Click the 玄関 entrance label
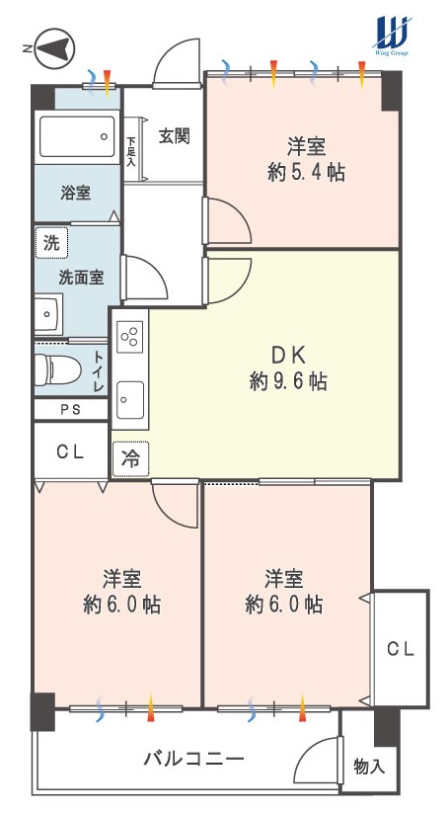175,136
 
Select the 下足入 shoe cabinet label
131,151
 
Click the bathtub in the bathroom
77,137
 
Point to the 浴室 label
76,194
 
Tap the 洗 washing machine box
51,242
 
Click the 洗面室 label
81,278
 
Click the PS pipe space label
70,409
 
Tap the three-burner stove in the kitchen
130,336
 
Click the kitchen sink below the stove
130,399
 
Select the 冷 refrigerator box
130,458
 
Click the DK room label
288,357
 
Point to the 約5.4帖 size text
307,172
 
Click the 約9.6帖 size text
288,382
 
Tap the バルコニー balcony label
193,760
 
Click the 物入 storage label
369,767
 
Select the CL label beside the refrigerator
70,452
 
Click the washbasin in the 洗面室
48,314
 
